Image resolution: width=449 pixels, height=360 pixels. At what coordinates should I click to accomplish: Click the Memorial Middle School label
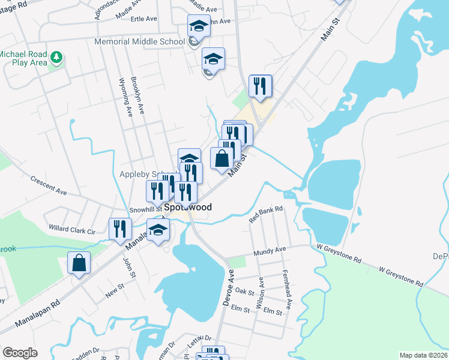(x=139, y=41)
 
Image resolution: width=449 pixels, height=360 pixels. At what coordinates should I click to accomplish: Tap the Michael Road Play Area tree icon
(x=57, y=58)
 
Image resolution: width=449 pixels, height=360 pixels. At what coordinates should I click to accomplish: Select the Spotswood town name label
(x=188, y=207)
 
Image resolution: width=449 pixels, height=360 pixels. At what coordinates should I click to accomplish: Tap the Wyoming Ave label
(x=125, y=96)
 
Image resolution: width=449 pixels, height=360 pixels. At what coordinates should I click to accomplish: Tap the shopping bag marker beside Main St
(x=222, y=159)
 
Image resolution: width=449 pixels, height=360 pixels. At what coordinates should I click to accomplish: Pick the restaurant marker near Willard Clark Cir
(x=120, y=229)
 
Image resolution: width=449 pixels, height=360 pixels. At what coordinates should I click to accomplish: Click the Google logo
(x=20, y=353)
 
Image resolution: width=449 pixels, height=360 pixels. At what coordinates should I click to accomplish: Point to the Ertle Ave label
(x=143, y=19)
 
